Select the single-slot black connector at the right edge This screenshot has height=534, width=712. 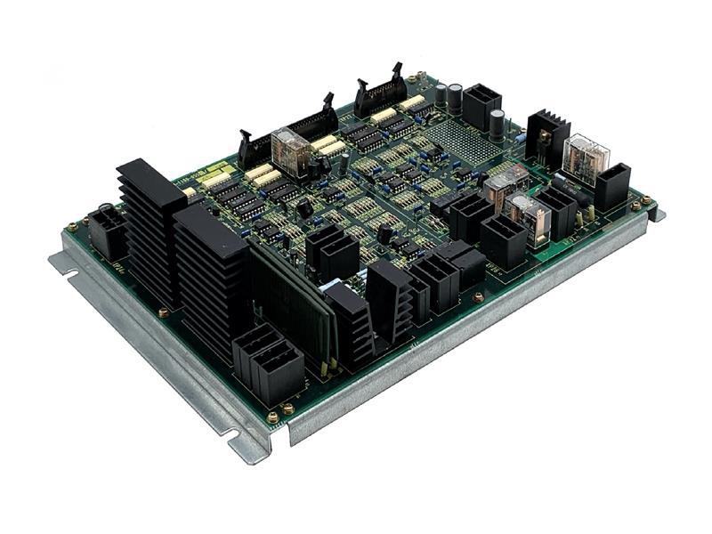click(x=612, y=186)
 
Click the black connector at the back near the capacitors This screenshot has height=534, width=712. click(x=481, y=104)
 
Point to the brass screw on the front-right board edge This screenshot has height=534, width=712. click(x=478, y=298)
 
